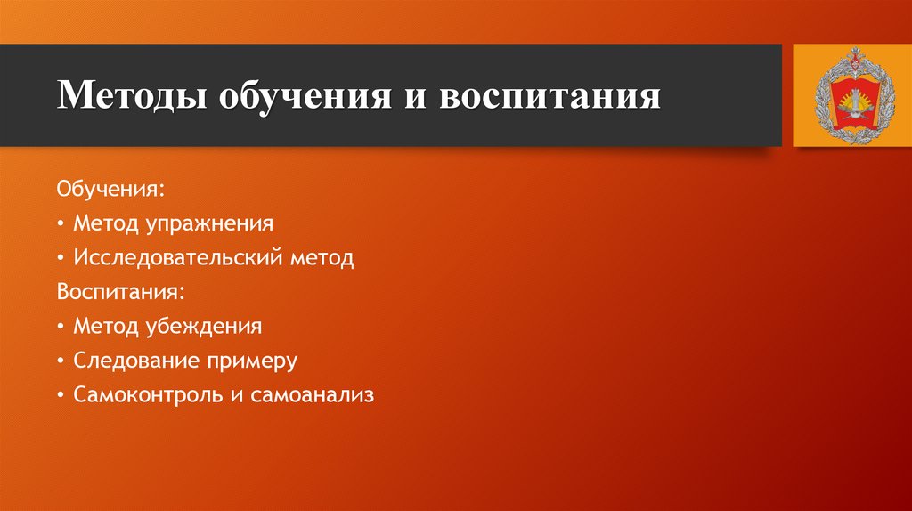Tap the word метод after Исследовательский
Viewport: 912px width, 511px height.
click(322, 259)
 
